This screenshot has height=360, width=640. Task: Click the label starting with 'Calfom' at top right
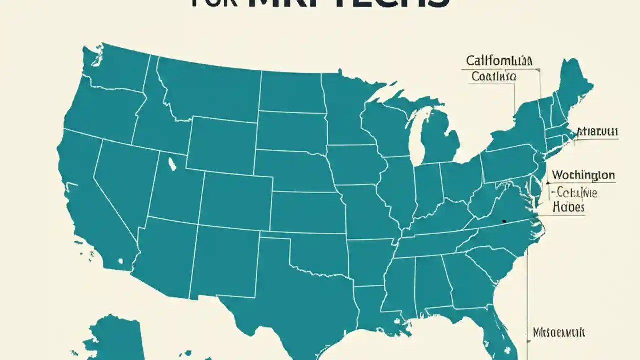tap(499, 61)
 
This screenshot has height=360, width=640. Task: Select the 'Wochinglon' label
tap(583, 175)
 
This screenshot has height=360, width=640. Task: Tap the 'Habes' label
tap(569, 207)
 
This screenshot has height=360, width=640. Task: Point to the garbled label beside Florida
tap(559, 332)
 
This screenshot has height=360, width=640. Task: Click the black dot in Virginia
tap(504, 221)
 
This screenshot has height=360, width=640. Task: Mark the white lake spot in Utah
tap(172, 163)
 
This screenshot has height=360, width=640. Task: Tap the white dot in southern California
tap(120, 260)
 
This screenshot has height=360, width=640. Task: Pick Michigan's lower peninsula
tap(440, 140)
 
